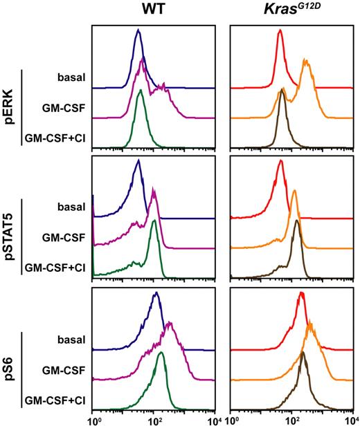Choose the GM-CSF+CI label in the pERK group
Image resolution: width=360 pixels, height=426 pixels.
coord(54,138)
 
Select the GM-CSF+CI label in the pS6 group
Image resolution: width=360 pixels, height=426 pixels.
coord(54,400)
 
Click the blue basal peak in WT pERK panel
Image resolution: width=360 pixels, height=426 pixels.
coord(138,31)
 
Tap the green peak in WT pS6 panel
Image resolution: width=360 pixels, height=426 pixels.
coord(161,353)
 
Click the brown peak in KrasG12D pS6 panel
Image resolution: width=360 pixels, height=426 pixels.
coord(303,353)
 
